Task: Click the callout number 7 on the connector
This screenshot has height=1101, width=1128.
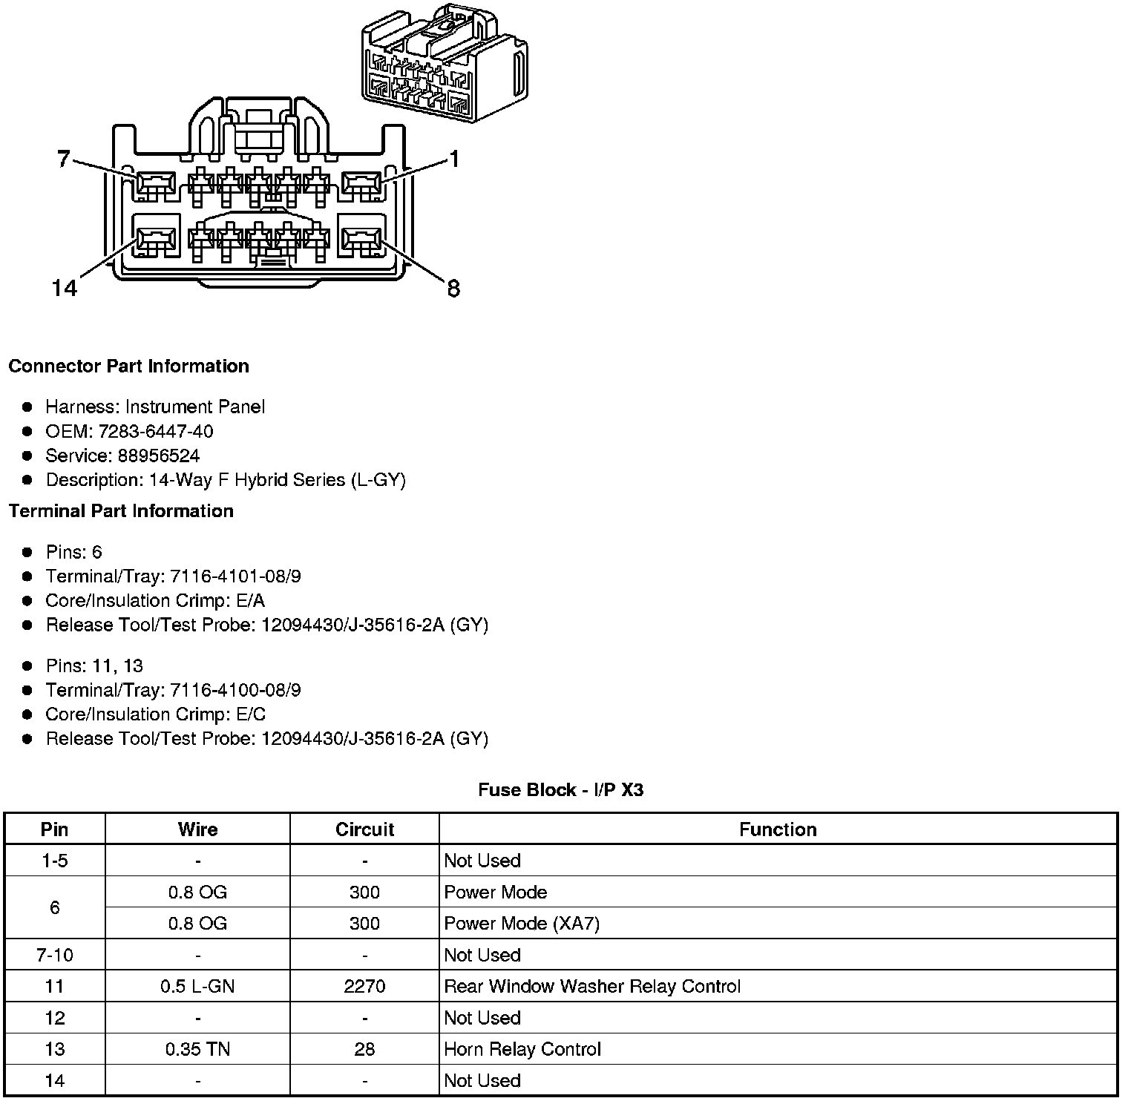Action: click(x=64, y=158)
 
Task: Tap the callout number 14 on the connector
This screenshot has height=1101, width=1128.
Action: click(x=65, y=288)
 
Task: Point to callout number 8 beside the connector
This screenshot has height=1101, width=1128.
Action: click(x=453, y=288)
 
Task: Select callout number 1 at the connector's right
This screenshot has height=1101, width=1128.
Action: click(x=453, y=159)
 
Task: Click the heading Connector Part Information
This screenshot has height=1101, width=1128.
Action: click(x=128, y=367)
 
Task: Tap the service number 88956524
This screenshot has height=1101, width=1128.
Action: click(x=159, y=456)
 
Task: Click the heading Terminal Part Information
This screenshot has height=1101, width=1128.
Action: click(x=121, y=511)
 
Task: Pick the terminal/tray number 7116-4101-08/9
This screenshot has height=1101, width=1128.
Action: click(x=235, y=576)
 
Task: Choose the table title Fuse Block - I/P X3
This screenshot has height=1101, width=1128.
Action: click(x=560, y=790)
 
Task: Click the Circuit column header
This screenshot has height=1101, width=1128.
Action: click(x=364, y=829)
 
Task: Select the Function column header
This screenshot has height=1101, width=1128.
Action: click(x=778, y=829)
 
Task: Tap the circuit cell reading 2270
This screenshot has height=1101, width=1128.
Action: click(x=364, y=987)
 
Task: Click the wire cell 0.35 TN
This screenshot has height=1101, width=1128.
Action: click(x=197, y=1049)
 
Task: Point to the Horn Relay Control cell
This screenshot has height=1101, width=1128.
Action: click(x=522, y=1049)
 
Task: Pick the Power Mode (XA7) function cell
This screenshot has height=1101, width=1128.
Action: click(x=522, y=924)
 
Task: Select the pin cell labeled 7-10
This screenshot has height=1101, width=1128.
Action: click(x=55, y=955)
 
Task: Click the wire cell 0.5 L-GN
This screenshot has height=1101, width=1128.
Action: click(x=197, y=987)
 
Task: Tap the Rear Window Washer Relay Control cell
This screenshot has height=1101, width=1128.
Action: click(x=592, y=987)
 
